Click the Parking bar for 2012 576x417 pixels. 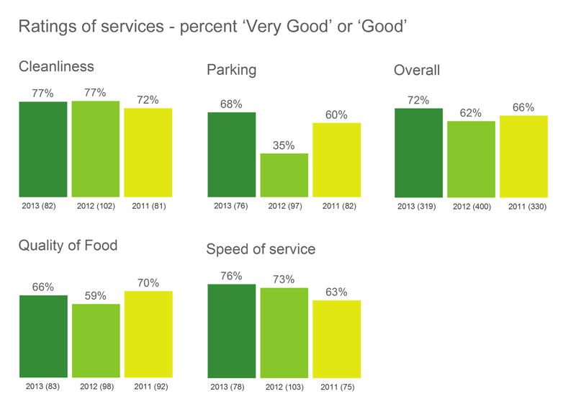284,175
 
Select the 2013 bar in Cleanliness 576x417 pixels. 43,149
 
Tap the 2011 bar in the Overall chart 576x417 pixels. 523,156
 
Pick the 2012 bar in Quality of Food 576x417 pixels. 96,341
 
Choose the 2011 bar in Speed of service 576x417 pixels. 336,339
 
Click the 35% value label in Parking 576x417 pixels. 284,145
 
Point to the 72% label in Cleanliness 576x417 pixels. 148,100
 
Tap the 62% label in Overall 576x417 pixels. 470,113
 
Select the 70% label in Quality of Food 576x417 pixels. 148,283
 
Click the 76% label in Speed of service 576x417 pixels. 231,276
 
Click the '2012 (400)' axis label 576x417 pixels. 472,207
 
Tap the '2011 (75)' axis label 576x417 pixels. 337,387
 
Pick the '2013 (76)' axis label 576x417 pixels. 231,206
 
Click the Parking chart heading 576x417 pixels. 231,71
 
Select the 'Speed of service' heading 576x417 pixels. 261,250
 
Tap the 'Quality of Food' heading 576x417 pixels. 68,246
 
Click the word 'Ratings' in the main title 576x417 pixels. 49,27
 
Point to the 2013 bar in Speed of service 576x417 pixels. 231,331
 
